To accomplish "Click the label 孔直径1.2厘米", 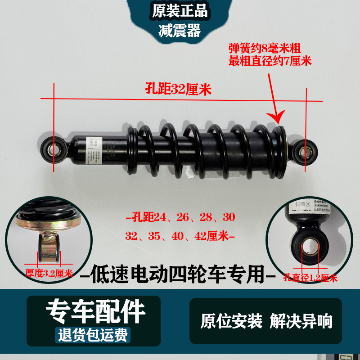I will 310,278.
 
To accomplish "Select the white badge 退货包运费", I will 93,335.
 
